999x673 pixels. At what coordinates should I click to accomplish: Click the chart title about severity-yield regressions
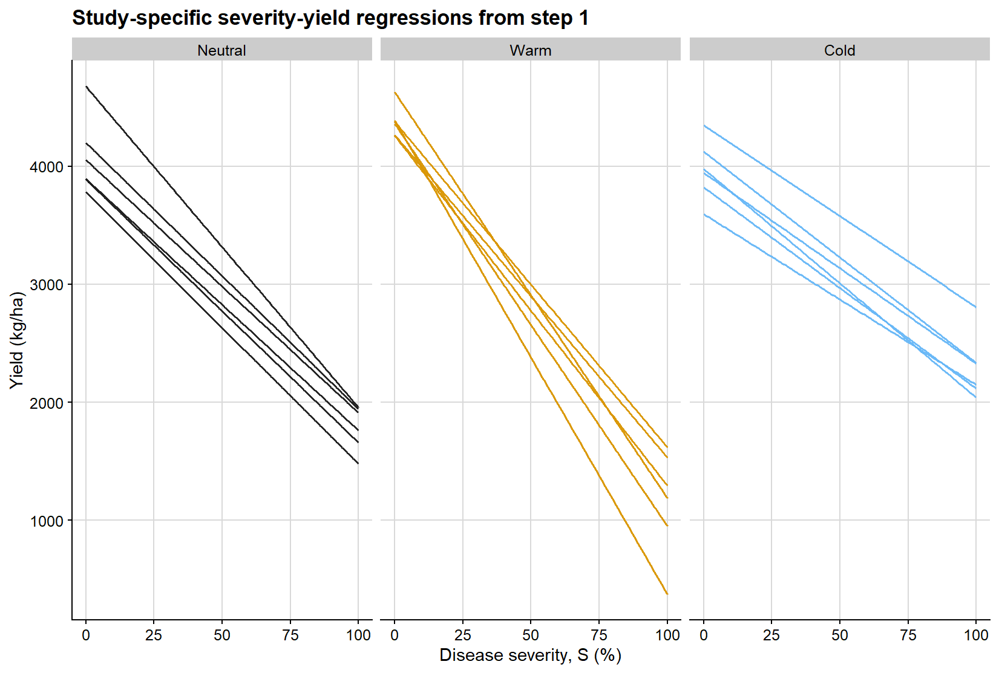[x=330, y=18]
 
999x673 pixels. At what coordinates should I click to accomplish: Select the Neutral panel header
[x=221, y=50]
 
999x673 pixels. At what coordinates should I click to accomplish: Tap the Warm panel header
[x=530, y=50]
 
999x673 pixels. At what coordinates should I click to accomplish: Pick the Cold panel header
[x=839, y=50]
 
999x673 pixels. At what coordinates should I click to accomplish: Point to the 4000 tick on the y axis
[x=47, y=167]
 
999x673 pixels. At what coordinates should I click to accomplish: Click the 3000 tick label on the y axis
[x=47, y=285]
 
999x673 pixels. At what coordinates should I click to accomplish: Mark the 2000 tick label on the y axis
[x=47, y=403]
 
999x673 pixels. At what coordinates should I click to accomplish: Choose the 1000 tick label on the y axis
[x=47, y=521]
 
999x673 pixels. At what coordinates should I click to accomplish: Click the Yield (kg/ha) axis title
[x=16, y=340]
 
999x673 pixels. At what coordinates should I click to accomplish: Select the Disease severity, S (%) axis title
[x=530, y=655]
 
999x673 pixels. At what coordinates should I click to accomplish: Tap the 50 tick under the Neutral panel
[x=221, y=636]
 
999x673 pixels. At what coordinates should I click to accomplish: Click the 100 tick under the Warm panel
[x=667, y=636]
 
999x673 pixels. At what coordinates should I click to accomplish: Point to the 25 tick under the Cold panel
[x=771, y=636]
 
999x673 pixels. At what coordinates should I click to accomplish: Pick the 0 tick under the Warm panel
[x=395, y=636]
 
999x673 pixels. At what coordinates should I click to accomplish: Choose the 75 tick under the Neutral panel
[x=290, y=636]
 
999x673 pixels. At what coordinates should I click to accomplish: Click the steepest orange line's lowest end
[x=667, y=594]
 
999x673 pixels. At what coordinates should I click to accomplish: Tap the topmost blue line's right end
[x=975, y=307]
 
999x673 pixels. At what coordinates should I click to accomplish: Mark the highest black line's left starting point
[x=87, y=87]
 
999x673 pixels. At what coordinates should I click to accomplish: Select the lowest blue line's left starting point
[x=704, y=215]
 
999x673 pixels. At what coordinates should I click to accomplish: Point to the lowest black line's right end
[x=358, y=463]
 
